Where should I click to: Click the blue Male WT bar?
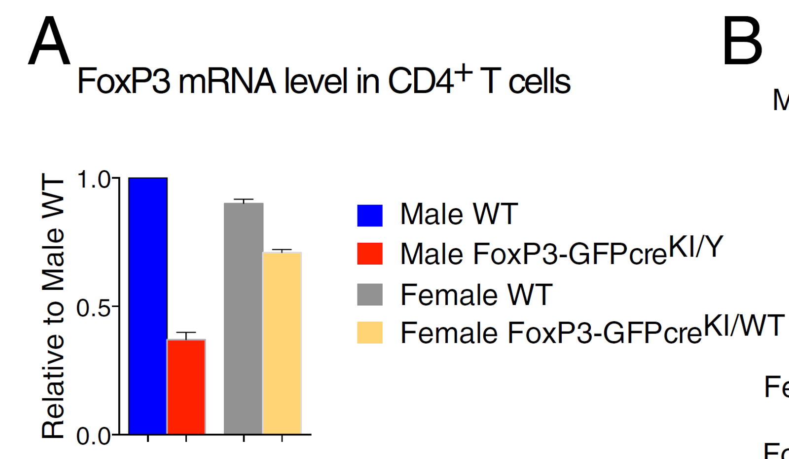[x=148, y=306]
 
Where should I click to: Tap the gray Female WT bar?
[x=244, y=318]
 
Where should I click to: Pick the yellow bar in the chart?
[x=282, y=343]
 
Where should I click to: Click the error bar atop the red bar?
[x=186, y=335]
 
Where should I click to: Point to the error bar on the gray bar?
[x=244, y=200]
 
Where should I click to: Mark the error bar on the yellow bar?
[x=282, y=251]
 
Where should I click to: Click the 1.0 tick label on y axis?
[x=94, y=180]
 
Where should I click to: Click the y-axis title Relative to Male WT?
[x=53, y=306]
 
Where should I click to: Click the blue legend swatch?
[x=370, y=216]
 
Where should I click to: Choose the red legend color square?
[x=370, y=254]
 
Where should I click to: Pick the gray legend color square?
[x=370, y=295]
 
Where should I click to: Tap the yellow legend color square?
[x=370, y=333]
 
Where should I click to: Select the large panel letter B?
[x=742, y=41]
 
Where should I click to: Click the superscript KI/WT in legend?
[x=744, y=325]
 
